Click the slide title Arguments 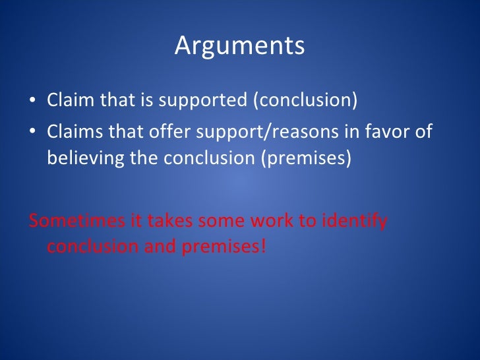click(239, 46)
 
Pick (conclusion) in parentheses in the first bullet click(305, 103)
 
